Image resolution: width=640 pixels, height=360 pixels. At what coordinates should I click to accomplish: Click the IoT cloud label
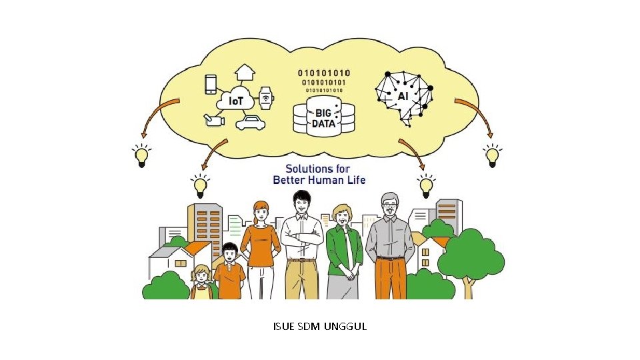pyautogui.click(x=236, y=101)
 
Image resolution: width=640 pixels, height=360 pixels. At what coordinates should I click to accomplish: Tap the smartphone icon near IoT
pyautogui.click(x=211, y=83)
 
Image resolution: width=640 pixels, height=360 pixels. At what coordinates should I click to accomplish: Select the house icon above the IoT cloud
pyautogui.click(x=245, y=72)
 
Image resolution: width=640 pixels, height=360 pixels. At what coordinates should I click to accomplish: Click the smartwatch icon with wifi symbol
pyautogui.click(x=266, y=98)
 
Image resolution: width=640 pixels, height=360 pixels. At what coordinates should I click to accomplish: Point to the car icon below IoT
pyautogui.click(x=250, y=123)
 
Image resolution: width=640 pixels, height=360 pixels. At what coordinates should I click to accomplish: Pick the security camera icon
pyautogui.click(x=214, y=120)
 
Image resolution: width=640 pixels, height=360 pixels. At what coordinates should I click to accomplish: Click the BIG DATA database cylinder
pyautogui.click(x=324, y=117)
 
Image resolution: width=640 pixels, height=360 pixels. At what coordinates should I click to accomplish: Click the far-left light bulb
pyautogui.click(x=141, y=157)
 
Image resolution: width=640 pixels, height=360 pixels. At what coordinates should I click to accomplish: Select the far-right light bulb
pyautogui.click(x=492, y=157)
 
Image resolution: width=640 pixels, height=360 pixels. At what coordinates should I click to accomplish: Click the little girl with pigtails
pyautogui.click(x=201, y=283)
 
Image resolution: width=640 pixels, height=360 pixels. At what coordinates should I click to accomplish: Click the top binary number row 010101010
pyautogui.click(x=324, y=73)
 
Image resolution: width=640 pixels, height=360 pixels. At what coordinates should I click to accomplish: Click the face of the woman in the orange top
pyautogui.click(x=261, y=213)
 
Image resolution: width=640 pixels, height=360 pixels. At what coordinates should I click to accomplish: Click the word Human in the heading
pyautogui.click(x=331, y=180)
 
